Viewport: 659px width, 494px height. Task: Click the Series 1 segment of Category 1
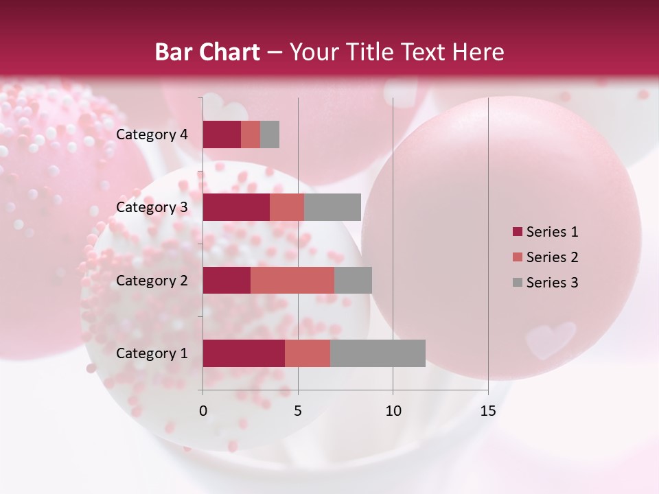click(x=244, y=353)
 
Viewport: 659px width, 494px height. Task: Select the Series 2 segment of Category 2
click(x=292, y=280)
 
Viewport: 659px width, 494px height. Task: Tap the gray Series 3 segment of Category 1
click(x=378, y=353)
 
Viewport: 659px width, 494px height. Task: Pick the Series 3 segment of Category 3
click(x=332, y=207)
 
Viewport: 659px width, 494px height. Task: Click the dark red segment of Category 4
click(x=222, y=134)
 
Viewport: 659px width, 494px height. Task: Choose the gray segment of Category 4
click(x=270, y=134)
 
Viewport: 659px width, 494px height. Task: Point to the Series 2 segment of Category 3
click(x=287, y=207)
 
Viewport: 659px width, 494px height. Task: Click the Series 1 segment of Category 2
click(x=227, y=280)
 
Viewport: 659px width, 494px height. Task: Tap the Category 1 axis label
click(x=152, y=353)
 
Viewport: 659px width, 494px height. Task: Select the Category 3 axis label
click(x=152, y=207)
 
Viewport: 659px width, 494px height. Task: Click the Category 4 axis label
click(x=152, y=134)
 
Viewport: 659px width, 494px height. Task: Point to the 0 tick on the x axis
click(x=203, y=411)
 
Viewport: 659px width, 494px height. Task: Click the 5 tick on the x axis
click(x=298, y=411)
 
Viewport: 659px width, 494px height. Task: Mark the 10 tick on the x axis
click(x=393, y=411)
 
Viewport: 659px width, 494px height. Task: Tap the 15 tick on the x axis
click(x=487, y=411)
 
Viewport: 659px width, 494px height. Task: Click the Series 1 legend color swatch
click(x=517, y=232)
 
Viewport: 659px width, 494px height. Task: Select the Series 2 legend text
click(x=552, y=257)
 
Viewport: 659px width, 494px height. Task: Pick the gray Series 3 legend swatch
click(x=517, y=283)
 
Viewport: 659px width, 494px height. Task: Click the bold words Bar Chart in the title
click(x=207, y=52)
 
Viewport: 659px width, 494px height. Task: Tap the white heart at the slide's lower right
click(x=551, y=338)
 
